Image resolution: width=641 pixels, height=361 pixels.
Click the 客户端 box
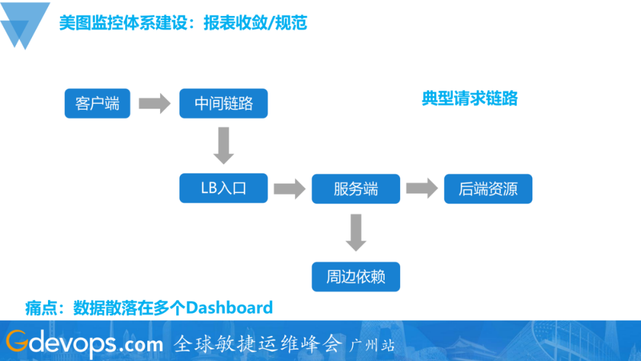pos(97,104)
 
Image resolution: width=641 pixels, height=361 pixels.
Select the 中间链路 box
pos(224,104)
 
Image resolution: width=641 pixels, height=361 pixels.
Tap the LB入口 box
pos(224,189)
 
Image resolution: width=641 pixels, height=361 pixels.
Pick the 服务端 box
pos(356,189)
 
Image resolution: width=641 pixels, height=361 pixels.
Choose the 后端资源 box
pos(488,189)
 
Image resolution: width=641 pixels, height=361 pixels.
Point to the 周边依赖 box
pos(356,277)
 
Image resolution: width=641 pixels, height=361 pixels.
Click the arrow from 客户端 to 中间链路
pos(154,104)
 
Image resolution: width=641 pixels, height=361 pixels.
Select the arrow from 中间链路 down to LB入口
pos(224,145)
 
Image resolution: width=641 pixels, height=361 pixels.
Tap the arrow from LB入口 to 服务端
pos(289,189)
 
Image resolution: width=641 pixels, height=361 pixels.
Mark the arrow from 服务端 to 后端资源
pos(421,189)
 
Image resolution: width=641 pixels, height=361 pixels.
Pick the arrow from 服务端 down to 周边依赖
pos(356,232)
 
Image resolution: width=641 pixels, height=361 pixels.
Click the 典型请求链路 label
pos(469,99)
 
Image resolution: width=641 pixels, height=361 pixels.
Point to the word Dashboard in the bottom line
pos(229,308)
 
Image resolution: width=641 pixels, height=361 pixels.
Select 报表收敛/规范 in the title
pos(255,23)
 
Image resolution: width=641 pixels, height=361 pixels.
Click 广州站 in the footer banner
pos(373,345)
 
